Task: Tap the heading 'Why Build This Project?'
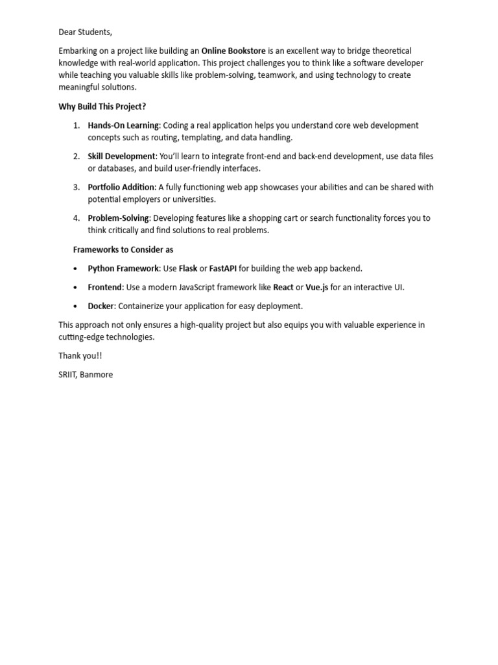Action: coord(102,107)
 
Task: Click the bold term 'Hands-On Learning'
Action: coord(123,125)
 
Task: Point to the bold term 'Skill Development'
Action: coord(122,157)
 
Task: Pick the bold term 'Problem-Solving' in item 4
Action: coord(119,218)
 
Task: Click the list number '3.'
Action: coord(76,187)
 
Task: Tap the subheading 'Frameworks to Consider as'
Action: coord(123,249)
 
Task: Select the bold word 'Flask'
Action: coord(188,268)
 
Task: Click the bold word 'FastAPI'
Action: coord(223,268)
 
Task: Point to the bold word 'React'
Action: coord(283,287)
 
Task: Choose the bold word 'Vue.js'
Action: coord(317,287)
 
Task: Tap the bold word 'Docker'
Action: coord(101,306)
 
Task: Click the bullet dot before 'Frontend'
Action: coord(76,287)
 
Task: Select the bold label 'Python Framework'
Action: coord(123,268)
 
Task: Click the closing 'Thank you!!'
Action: coord(80,356)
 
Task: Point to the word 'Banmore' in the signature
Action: coord(98,375)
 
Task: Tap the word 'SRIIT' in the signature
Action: coord(69,375)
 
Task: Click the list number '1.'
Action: coord(76,125)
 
